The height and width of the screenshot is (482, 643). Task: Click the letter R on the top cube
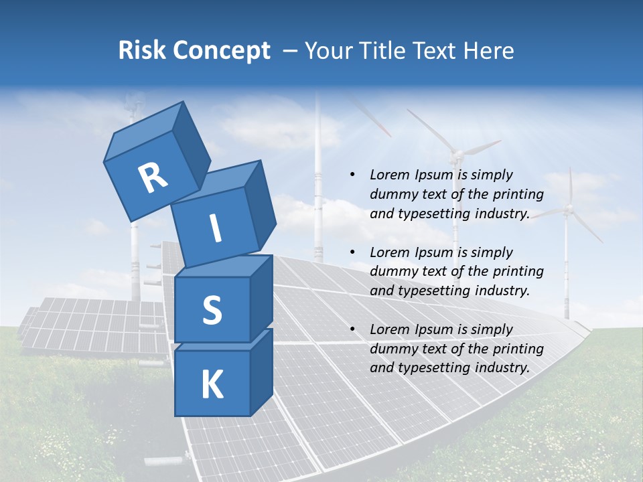point(153,178)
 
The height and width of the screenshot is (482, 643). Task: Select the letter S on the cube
point(212,309)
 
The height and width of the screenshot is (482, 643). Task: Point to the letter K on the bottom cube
point(212,385)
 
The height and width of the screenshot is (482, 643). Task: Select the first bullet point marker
point(352,175)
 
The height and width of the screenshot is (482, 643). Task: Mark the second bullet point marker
point(352,252)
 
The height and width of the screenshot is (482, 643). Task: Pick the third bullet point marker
point(352,329)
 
